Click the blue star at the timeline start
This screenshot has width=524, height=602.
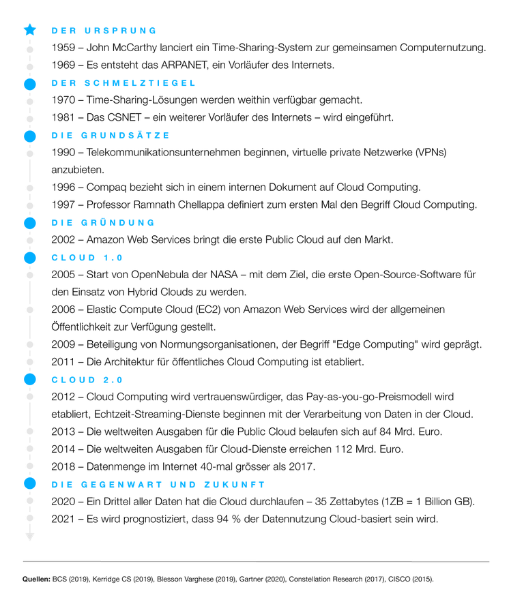[29, 30]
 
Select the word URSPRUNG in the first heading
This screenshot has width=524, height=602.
[120, 31]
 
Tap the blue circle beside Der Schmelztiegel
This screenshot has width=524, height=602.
[29, 84]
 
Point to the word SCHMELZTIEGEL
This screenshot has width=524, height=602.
[140, 84]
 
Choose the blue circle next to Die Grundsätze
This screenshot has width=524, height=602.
[29, 136]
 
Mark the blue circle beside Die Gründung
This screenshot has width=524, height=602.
[29, 223]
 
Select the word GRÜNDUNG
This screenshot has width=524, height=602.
[119, 223]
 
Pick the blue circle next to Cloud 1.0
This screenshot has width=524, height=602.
[29, 258]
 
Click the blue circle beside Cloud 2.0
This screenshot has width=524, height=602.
[29, 379]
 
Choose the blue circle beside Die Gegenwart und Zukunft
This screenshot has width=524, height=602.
[29, 483]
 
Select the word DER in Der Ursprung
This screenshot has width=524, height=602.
[64, 31]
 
